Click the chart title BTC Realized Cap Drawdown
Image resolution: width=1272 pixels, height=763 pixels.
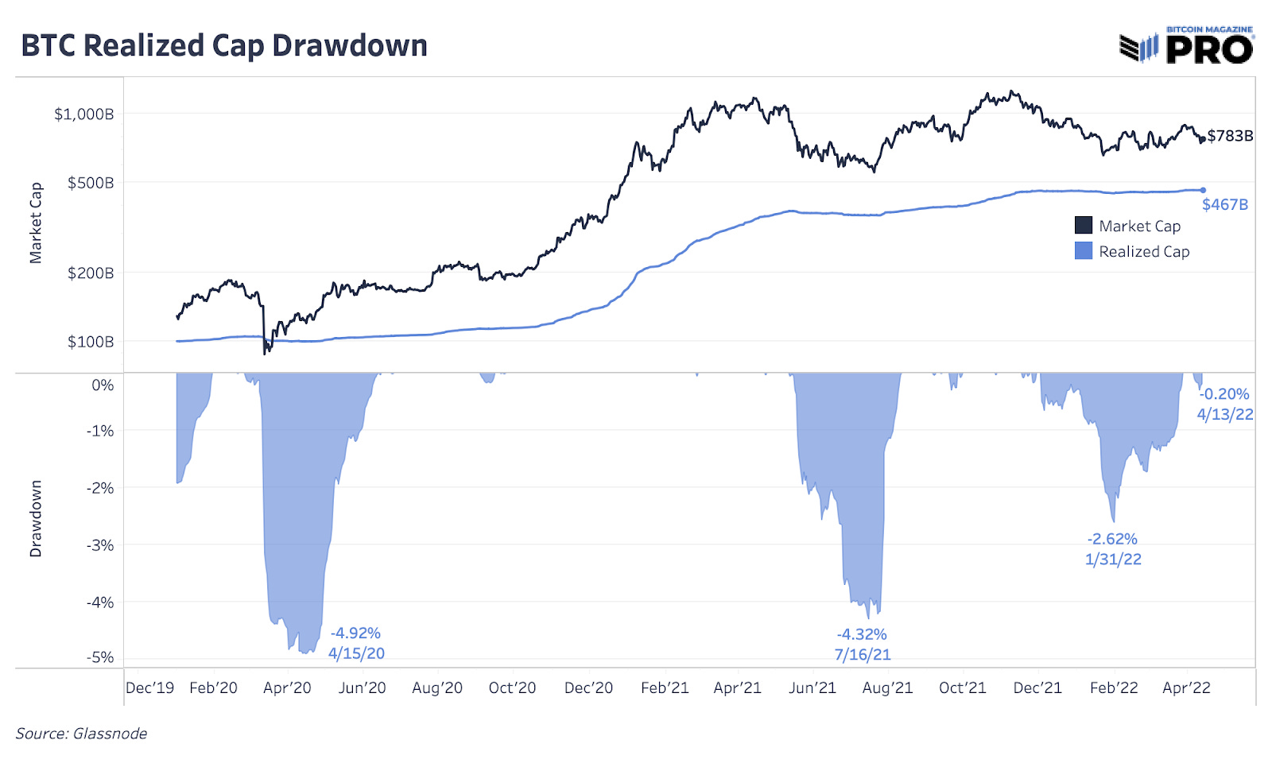click(x=223, y=46)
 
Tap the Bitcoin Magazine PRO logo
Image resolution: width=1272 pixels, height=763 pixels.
click(x=1186, y=45)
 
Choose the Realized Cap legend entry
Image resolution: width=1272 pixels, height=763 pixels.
click(x=1132, y=251)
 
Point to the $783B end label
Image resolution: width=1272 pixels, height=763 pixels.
click(x=1230, y=136)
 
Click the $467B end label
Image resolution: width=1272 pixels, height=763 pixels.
click(x=1224, y=204)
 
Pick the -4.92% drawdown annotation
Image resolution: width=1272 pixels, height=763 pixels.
click(x=356, y=633)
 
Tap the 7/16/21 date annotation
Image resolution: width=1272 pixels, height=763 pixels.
click(x=863, y=655)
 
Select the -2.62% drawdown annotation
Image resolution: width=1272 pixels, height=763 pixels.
click(x=1112, y=539)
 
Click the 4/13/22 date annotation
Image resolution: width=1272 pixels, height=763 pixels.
click(x=1225, y=414)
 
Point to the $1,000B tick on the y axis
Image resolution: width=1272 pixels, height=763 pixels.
click(x=83, y=114)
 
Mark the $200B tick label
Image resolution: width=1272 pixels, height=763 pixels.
click(x=90, y=273)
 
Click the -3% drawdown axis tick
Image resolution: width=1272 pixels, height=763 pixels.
click(x=100, y=545)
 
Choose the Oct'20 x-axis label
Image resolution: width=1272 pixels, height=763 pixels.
click(x=512, y=687)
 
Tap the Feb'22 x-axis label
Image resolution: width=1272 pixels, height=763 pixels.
click(x=1114, y=687)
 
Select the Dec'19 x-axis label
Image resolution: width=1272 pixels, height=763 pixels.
click(x=149, y=687)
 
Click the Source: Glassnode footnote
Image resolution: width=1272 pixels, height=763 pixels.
click(x=81, y=734)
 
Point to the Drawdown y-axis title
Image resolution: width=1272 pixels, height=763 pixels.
click(x=36, y=518)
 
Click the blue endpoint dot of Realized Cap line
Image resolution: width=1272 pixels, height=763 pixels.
click(x=1203, y=190)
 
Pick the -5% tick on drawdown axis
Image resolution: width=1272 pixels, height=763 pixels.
click(x=100, y=657)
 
